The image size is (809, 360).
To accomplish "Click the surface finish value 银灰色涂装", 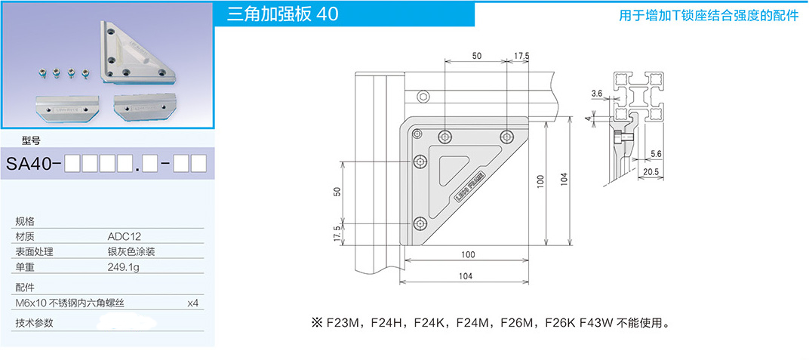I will pos(131,251).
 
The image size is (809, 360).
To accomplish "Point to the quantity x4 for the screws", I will pos(192,303).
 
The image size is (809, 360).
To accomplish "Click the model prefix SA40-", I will pos(33,163).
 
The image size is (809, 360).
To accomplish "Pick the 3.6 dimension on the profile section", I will pos(597,94).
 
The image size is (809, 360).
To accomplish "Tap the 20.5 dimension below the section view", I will pos(651,172).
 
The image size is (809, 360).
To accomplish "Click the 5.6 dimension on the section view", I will pos(656,153).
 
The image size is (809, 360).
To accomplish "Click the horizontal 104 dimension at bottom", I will pos(465,276).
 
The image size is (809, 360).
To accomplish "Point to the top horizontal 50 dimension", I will pos(476,56).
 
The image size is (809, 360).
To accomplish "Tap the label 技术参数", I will pos(35,323).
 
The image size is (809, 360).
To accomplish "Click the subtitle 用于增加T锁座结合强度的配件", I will pos(708,15).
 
